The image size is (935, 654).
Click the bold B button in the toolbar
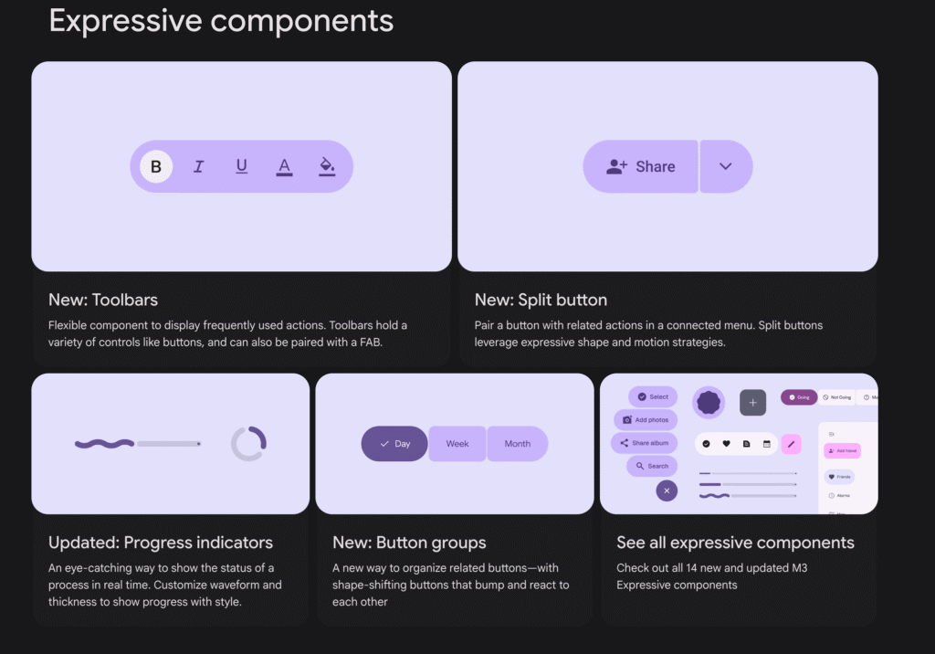[156, 166]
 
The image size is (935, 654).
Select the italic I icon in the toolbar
[198, 166]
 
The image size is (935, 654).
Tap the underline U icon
[241, 166]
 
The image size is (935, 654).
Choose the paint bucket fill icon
[327, 166]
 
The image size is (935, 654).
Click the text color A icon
[284, 166]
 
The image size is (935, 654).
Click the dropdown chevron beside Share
[726, 166]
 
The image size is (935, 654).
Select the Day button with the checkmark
[394, 444]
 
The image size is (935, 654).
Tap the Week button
[457, 444]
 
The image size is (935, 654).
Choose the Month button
[517, 444]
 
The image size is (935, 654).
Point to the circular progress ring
[248, 444]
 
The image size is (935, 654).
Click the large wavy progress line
[104, 444]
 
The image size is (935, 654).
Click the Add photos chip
[646, 420]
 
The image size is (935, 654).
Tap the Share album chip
[644, 443]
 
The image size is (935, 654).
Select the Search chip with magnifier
[651, 466]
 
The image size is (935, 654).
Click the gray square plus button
[752, 402]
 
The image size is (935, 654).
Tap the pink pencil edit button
[791, 444]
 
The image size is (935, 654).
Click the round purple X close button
[667, 490]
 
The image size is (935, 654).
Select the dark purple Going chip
[798, 397]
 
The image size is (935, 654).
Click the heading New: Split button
[541, 300]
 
